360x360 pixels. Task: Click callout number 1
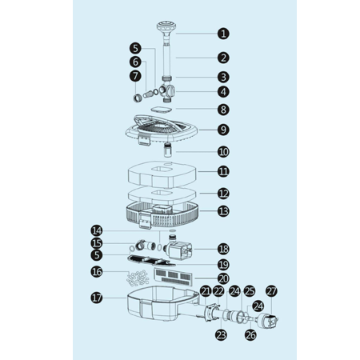[x=223, y=34]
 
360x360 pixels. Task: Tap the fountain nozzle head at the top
[x=166, y=27]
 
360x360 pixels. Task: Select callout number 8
[x=223, y=110]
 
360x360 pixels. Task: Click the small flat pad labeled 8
[x=161, y=109]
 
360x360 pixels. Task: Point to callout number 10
[x=223, y=152]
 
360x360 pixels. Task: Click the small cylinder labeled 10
[x=167, y=150]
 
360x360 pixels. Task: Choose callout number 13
[x=223, y=211]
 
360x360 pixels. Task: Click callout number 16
[x=97, y=272]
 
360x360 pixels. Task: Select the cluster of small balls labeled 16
[x=138, y=278]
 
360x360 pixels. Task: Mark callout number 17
[x=97, y=298]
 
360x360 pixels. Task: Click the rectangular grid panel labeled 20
[x=173, y=276]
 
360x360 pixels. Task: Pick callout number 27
[x=271, y=291]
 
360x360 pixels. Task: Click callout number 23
[x=221, y=335]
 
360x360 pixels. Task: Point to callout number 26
[x=250, y=335]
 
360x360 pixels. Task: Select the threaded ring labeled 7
[x=137, y=98]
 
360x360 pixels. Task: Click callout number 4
[x=223, y=92]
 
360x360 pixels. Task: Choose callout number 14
[x=97, y=230]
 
